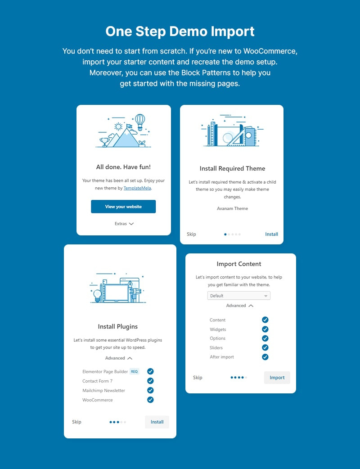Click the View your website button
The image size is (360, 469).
(123, 207)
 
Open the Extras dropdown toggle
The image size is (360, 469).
(124, 224)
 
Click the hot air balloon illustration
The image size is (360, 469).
(140, 122)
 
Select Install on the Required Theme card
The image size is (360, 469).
(271, 234)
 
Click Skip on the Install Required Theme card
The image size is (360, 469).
(191, 234)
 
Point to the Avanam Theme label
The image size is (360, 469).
(232, 208)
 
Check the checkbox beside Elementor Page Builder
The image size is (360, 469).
(150, 371)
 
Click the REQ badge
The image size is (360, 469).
(134, 372)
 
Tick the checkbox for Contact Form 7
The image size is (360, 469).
(150, 381)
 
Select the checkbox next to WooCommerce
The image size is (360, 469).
(150, 400)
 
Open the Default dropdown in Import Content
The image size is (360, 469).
(239, 296)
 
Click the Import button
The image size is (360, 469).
(277, 378)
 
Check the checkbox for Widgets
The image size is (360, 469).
(265, 329)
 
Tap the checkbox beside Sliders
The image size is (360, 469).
(265, 347)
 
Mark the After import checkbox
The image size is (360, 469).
(265, 357)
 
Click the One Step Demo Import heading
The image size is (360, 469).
(180, 32)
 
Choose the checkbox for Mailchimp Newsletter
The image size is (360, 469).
(150, 390)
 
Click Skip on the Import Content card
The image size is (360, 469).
(198, 378)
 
